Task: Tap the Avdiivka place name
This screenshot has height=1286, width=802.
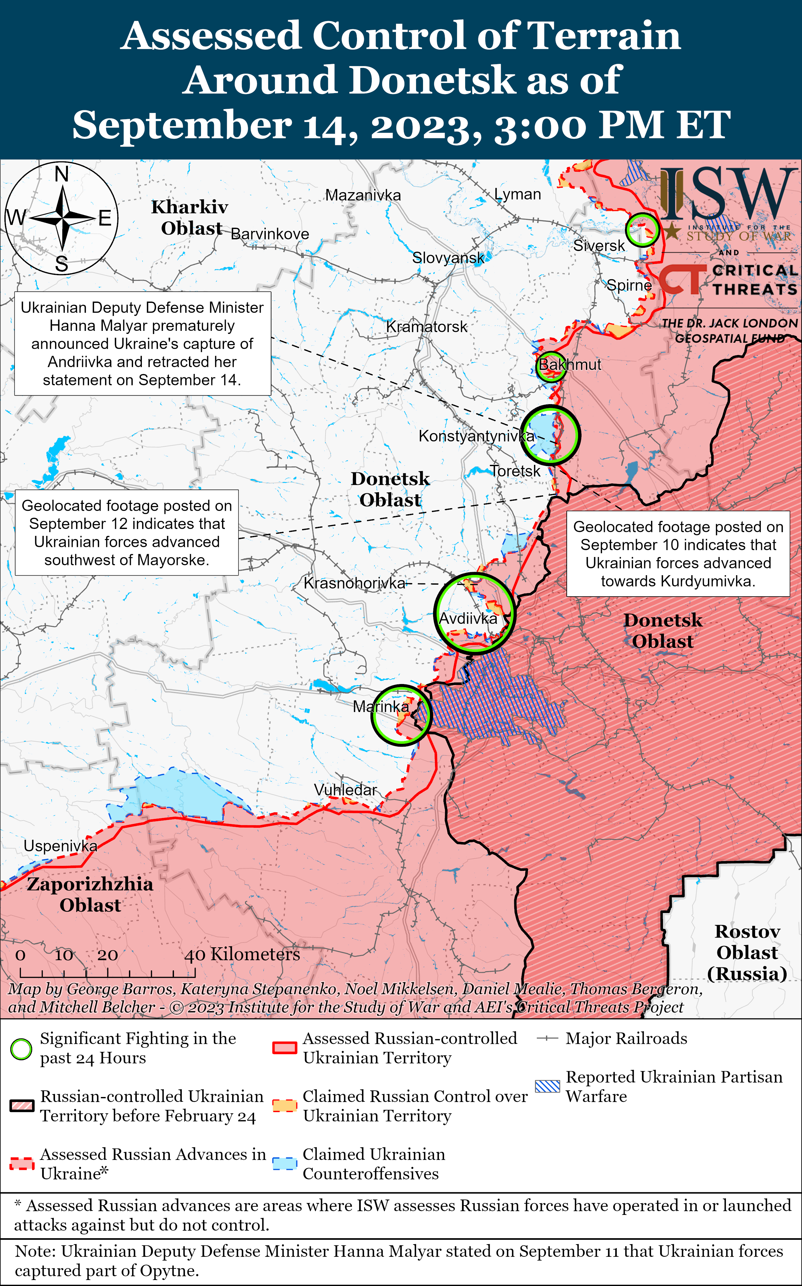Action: tap(468, 618)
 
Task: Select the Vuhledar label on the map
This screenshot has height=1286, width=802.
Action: tap(345, 790)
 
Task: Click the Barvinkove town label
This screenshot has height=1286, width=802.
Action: tap(270, 234)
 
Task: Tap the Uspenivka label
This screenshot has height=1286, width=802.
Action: tap(60, 846)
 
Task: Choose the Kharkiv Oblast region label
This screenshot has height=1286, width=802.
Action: tap(190, 217)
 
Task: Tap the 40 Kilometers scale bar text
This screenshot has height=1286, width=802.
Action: tap(242, 955)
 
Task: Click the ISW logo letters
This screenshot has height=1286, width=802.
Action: tap(729, 193)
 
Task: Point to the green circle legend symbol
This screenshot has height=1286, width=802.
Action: tap(21, 1049)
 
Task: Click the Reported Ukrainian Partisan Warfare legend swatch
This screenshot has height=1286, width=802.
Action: tap(547, 1086)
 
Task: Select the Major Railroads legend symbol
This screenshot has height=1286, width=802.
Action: tap(547, 1039)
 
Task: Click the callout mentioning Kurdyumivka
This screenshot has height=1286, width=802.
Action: tap(678, 554)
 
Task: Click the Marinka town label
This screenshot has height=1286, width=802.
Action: tap(381, 706)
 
